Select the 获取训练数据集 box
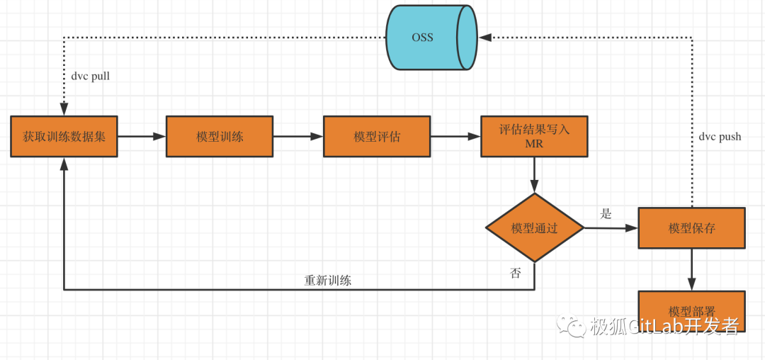64,136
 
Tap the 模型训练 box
220,136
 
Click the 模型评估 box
377,136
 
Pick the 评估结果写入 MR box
534,136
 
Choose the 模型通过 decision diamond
535,228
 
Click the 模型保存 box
691,228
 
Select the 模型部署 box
691,310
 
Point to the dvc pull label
91,76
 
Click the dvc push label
720,137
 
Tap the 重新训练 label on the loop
328,280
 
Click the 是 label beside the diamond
606,213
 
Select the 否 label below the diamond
516,273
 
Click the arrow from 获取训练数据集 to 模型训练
142,136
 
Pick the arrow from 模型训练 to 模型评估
298,136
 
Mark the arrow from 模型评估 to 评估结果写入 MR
455,136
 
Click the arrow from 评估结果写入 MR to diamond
534,175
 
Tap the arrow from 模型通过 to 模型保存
611,228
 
